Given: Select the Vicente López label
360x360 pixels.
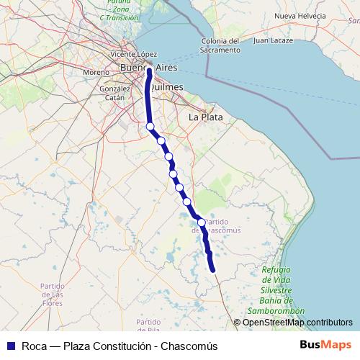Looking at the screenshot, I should tap(133, 54).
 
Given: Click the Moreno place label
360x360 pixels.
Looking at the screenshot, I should tap(96, 73).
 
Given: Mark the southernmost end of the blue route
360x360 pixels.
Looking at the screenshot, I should tap(214, 270).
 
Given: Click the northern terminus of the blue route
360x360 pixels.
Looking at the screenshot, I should tap(149, 71).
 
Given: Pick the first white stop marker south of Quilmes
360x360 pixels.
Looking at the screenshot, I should tap(150, 127).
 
